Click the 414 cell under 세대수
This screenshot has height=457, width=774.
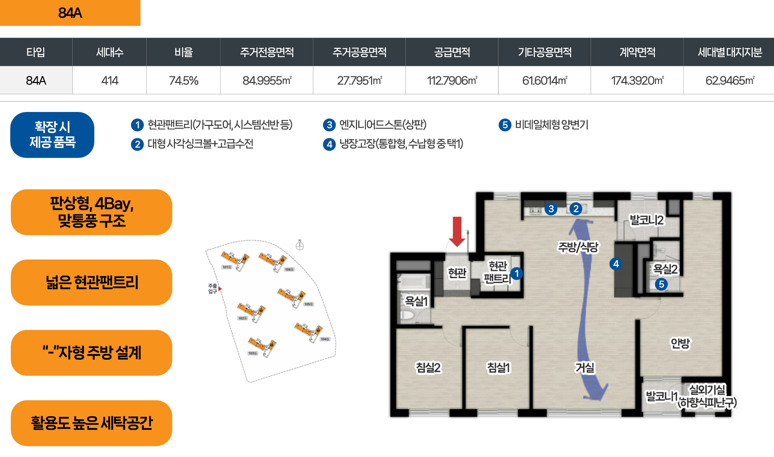tap(110, 81)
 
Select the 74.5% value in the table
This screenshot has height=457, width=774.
tap(183, 81)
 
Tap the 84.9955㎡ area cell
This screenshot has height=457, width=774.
tap(267, 81)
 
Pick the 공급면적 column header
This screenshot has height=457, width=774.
tap(452, 52)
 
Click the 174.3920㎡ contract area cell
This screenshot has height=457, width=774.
tap(637, 81)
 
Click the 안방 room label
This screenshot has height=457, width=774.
tap(680, 343)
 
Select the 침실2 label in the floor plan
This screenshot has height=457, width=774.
tap(428, 367)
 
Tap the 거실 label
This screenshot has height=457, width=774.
tap(585, 367)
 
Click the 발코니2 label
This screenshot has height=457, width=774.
tap(647, 220)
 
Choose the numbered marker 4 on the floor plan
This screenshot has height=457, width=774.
tap(616, 264)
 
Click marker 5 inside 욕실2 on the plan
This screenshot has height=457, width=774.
tap(661, 284)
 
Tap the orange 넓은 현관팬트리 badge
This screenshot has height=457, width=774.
tap(92, 282)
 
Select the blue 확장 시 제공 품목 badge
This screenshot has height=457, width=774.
tap(52, 135)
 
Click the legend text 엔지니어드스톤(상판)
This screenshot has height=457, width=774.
tap(383, 125)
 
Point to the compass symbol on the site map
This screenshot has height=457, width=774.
tap(300, 246)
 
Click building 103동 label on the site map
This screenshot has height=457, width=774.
tap(253, 353)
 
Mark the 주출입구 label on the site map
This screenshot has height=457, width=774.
tap(213, 289)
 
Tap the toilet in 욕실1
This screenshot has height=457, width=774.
tap(407, 316)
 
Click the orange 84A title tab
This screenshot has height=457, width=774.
tap(70, 13)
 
